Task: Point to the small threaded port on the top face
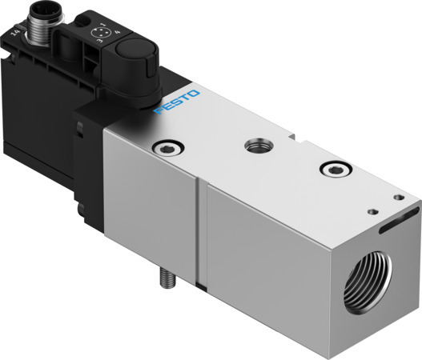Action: coord(257,144)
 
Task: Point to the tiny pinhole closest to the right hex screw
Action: coord(371,212)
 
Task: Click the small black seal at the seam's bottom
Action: coord(201,287)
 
